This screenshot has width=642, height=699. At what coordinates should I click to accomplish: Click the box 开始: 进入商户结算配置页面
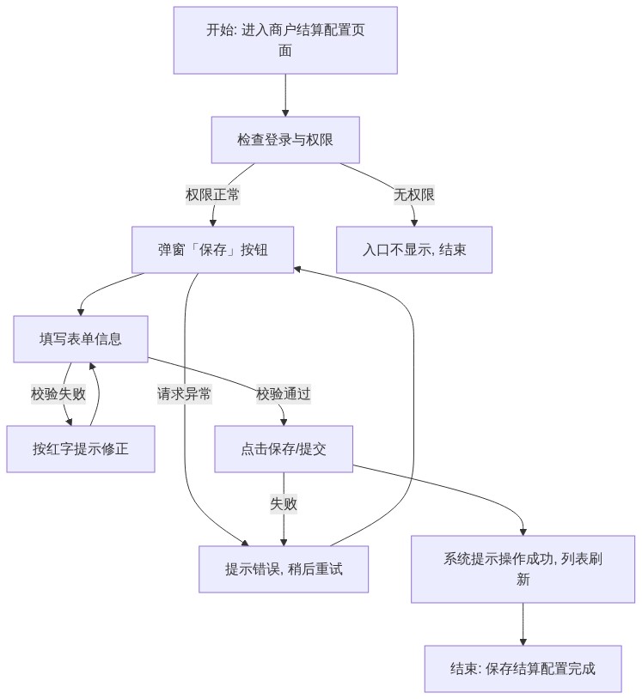pyautogui.click(x=285, y=40)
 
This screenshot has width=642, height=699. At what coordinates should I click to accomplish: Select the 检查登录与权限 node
pyautogui.click(x=285, y=140)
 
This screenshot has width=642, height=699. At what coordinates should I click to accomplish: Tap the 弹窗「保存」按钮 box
pyautogui.click(x=212, y=250)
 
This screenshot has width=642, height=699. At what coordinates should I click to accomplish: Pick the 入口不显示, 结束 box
pyautogui.click(x=414, y=250)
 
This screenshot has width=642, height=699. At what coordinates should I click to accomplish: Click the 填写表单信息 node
pyautogui.click(x=80, y=339)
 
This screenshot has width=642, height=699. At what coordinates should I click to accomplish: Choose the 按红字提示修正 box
pyautogui.click(x=80, y=449)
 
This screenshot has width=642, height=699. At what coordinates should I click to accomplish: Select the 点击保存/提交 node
pyautogui.click(x=284, y=449)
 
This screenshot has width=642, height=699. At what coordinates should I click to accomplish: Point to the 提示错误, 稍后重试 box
pyautogui.click(x=284, y=569)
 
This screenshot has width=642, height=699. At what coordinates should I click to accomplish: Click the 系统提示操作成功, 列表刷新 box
pyautogui.click(x=523, y=569)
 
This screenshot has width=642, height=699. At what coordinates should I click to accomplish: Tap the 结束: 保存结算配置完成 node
pyautogui.click(x=523, y=669)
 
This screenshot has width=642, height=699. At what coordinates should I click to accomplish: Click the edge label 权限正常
pyautogui.click(x=213, y=195)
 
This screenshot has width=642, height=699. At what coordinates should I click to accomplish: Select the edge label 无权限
pyautogui.click(x=413, y=195)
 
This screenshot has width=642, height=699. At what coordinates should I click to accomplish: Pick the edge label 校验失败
pyautogui.click(x=58, y=394)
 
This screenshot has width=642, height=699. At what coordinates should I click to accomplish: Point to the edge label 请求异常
pyautogui.click(x=184, y=394)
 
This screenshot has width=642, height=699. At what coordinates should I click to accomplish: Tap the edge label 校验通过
pyautogui.click(x=284, y=394)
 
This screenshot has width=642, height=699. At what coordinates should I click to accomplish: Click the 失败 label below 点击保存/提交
pyautogui.click(x=284, y=504)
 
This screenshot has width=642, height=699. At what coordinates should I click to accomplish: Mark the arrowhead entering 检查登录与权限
pyautogui.click(x=285, y=112)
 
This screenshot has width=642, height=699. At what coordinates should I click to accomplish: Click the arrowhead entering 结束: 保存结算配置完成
pyautogui.click(x=523, y=641)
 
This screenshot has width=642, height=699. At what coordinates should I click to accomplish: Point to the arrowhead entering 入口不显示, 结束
pyautogui.click(x=414, y=222)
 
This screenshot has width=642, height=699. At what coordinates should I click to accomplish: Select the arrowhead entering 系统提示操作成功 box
pyautogui.click(x=523, y=532)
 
